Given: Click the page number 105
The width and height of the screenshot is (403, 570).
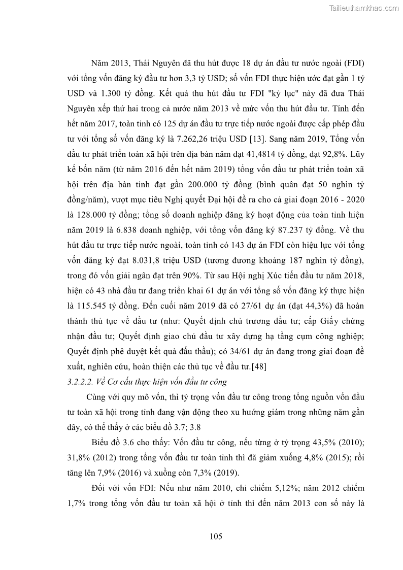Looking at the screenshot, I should (x=216, y=537).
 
